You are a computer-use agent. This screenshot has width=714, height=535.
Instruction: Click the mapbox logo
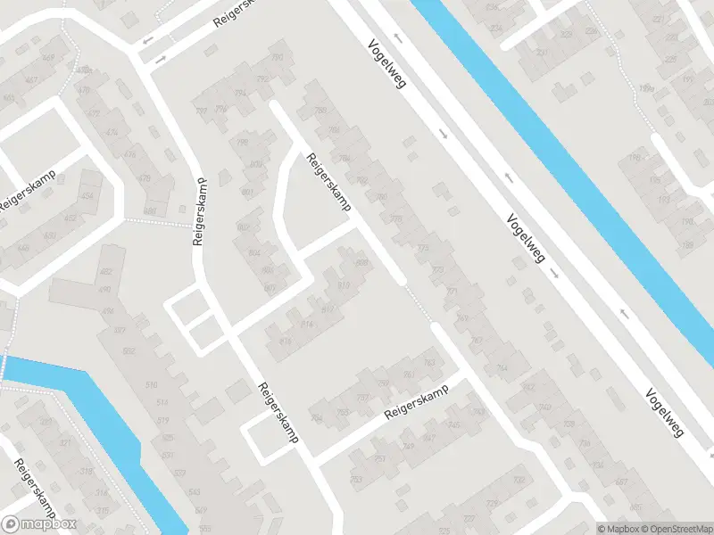tap(39, 524)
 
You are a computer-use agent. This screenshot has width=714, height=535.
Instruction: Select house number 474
tap(112, 132)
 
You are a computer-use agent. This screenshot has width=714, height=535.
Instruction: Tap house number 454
tap(87, 196)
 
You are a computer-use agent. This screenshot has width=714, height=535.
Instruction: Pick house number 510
tap(151, 384)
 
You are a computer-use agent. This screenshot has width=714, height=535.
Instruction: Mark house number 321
tap(65, 443)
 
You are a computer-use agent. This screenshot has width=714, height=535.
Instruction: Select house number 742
tap(527, 386)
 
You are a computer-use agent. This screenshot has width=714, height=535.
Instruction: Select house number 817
tap(327, 309)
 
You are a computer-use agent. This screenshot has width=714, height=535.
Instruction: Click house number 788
tap(320, 111)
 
